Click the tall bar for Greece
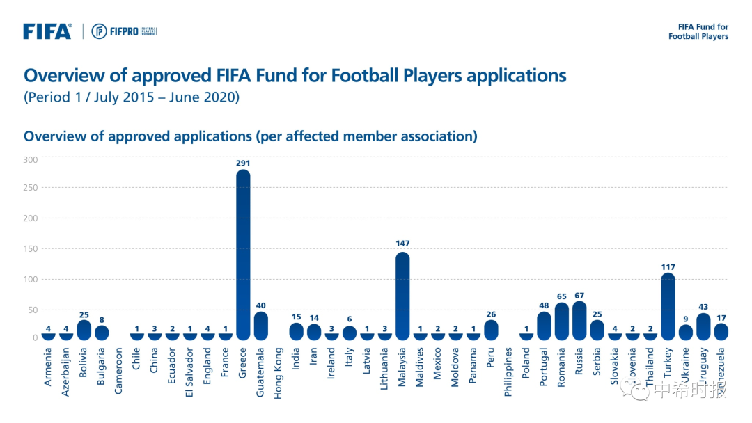click(243, 254)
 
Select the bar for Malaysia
click(402, 296)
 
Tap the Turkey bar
click(668, 306)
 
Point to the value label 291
click(243, 163)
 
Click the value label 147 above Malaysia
click(402, 244)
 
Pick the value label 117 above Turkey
click(668, 267)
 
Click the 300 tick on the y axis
click(31, 159)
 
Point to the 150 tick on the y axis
click(31, 249)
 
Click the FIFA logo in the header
click(47, 31)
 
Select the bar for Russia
click(579, 321)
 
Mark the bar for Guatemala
click(260, 326)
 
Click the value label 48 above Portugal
click(544, 304)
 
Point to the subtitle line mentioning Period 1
click(132, 97)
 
